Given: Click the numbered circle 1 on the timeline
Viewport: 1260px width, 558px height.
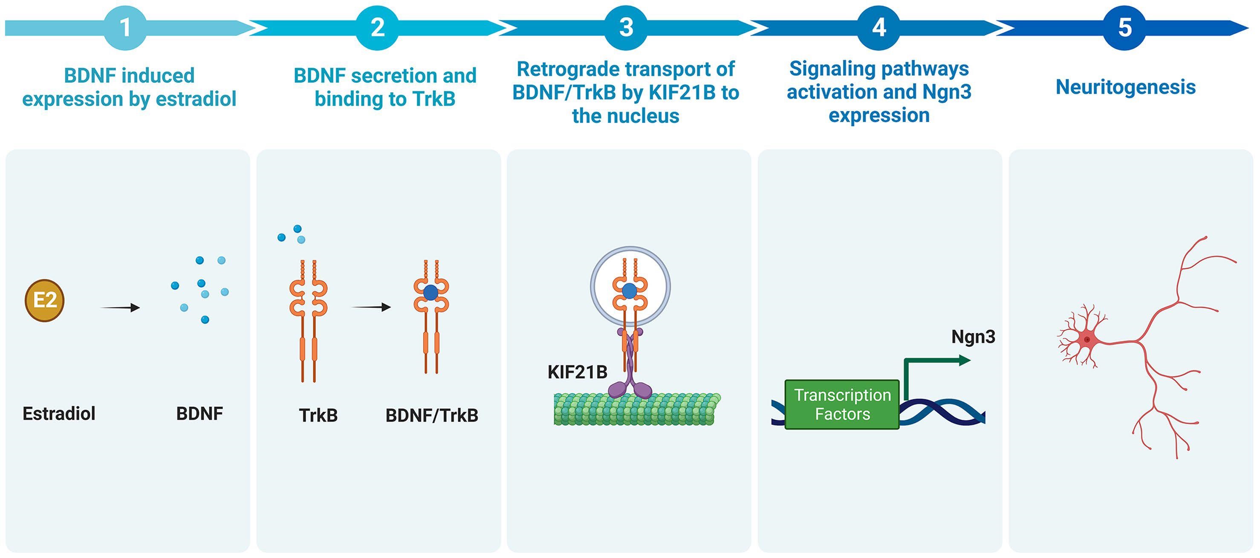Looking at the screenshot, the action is click(125, 28).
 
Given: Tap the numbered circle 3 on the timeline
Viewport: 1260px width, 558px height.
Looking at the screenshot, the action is click(626, 28).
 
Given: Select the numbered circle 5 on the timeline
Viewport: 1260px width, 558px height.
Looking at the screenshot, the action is click(1125, 28).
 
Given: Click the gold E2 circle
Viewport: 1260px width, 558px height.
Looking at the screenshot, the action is click(44, 300).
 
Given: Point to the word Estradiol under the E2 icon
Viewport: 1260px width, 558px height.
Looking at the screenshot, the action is click(59, 414).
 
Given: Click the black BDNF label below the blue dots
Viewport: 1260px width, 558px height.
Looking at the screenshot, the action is click(199, 414).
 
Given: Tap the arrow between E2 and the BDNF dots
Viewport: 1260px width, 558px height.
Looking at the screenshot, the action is click(120, 308).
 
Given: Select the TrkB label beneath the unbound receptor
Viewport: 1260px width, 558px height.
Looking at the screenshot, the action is click(318, 415).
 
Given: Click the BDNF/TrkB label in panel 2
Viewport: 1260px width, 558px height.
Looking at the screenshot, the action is click(432, 415).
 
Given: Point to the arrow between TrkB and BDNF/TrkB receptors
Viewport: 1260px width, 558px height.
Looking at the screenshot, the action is click(371, 307).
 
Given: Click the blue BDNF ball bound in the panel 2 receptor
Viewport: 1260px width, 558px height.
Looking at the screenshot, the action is click(431, 293).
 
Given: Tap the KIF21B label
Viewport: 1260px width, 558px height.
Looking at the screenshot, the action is click(577, 372).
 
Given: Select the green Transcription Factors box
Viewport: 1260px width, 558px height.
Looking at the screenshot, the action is click(842, 404).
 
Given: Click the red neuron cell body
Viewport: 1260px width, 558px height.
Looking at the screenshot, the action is click(1087, 339).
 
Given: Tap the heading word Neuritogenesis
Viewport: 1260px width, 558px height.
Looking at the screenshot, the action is click(1125, 87).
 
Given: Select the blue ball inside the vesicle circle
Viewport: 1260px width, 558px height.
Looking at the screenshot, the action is click(630, 291).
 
